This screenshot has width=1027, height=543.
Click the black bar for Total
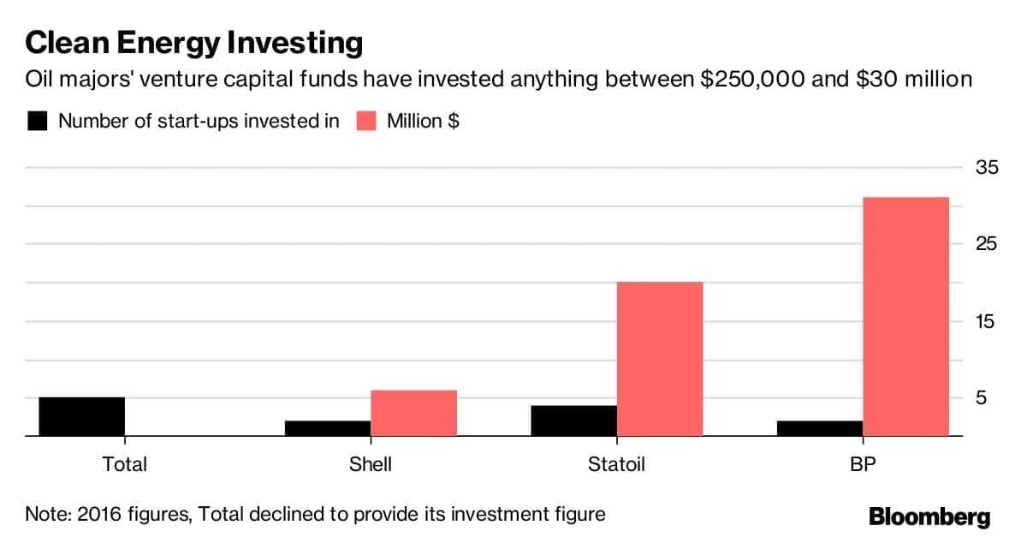pyautogui.click(x=82, y=417)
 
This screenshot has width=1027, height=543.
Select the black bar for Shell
pyautogui.click(x=328, y=428)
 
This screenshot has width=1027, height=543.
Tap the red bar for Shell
pyautogui.click(x=413, y=414)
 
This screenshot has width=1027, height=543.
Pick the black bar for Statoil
pyautogui.click(x=573, y=421)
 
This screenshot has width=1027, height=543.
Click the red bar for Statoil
pyautogui.click(x=660, y=359)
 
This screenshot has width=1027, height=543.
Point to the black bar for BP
pyautogui.click(x=820, y=428)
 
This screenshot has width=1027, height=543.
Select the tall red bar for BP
pyautogui.click(x=905, y=317)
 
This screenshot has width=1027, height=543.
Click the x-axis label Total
pyautogui.click(x=125, y=465)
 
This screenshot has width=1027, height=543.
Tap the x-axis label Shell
pyautogui.click(x=371, y=465)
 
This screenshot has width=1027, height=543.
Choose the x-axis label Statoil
pyautogui.click(x=616, y=465)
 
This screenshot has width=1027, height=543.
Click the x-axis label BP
pyautogui.click(x=864, y=465)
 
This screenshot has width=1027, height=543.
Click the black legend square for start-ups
pyautogui.click(x=38, y=121)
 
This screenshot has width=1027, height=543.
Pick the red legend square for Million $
pyautogui.click(x=366, y=121)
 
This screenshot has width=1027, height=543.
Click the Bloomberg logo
pyautogui.click(x=929, y=516)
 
